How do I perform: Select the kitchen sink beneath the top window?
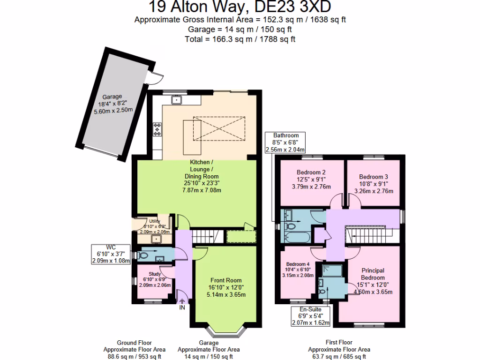(x=177, y=99)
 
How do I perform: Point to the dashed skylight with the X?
(x=219, y=127)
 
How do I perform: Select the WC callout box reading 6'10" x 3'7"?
(x=110, y=254)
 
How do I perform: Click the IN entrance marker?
(x=181, y=308)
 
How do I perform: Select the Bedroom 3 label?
(x=373, y=183)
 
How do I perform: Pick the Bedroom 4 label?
(x=298, y=270)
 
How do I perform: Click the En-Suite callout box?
(x=311, y=316)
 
